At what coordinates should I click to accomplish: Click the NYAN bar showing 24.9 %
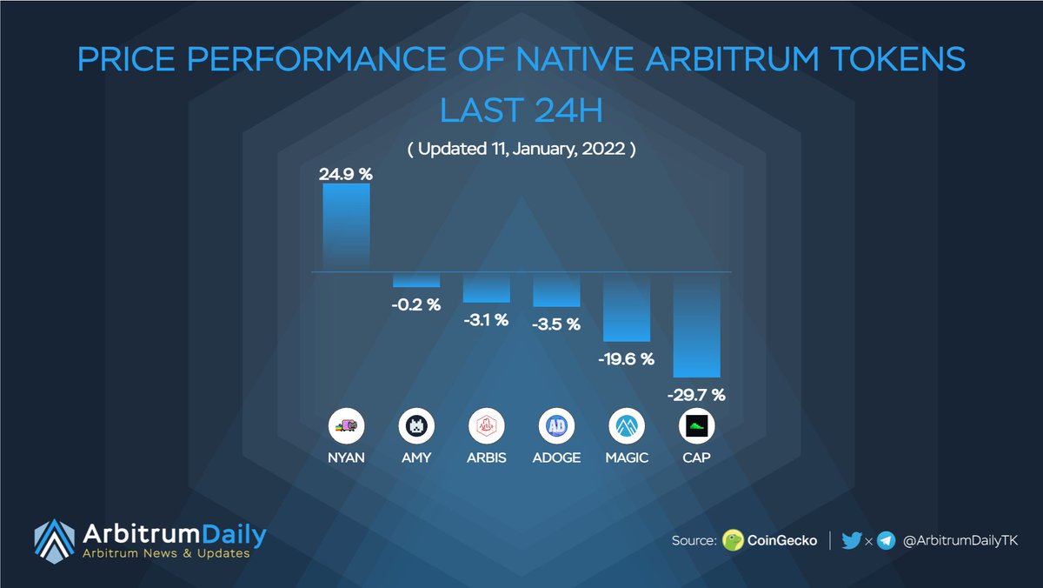pyautogui.click(x=346, y=227)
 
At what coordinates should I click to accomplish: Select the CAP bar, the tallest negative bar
pyautogui.click(x=696, y=324)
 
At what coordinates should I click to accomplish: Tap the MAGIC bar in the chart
pyautogui.click(x=627, y=306)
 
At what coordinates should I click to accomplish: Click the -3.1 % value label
pyautogui.click(x=486, y=320)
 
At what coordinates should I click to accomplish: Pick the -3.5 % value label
pyautogui.click(x=556, y=324)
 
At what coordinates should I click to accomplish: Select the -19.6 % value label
pyautogui.click(x=627, y=359)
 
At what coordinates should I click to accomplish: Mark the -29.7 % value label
pyautogui.click(x=696, y=395)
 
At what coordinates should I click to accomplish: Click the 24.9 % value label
pyautogui.click(x=346, y=174)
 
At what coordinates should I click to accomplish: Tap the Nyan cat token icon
pyautogui.click(x=346, y=427)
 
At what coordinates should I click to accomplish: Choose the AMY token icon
pyautogui.click(x=415, y=427)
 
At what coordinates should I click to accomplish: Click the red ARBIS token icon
pyautogui.click(x=486, y=427)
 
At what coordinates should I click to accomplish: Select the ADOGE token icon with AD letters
pyautogui.click(x=556, y=427)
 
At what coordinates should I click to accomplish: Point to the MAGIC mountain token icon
pyautogui.click(x=627, y=427)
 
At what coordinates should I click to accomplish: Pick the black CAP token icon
pyautogui.click(x=696, y=427)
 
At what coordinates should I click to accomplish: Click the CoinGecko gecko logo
pyautogui.click(x=733, y=541)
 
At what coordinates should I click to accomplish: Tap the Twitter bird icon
pyautogui.click(x=852, y=540)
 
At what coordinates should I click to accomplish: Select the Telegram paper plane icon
pyautogui.click(x=886, y=541)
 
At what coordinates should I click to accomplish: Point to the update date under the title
pyautogui.click(x=522, y=149)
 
